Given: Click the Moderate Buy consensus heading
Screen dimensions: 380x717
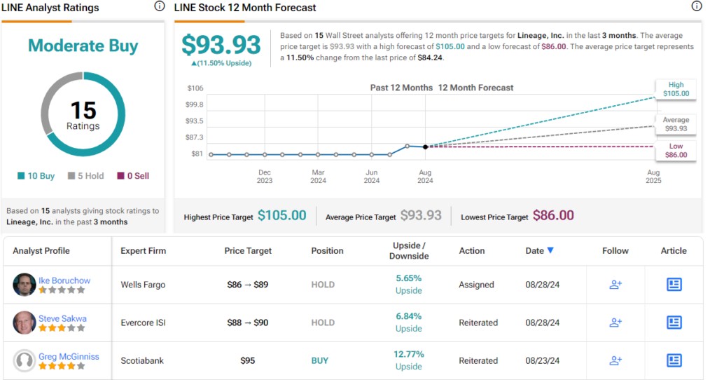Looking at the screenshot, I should pos(83,46).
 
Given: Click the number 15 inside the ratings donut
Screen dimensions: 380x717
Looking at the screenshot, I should pos(83,110).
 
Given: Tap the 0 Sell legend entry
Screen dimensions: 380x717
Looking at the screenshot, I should pos(133,176).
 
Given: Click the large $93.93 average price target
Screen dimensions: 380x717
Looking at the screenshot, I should pos(221,45).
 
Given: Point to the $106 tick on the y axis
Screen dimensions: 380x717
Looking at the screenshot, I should pos(195,88).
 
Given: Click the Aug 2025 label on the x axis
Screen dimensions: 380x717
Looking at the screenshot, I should pos(653,177).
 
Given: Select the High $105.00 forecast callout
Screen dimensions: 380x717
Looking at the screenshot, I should pos(676,89).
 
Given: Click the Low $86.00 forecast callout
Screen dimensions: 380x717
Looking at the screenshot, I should pos(676,151).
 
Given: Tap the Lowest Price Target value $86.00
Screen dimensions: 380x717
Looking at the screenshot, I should pos(553,216).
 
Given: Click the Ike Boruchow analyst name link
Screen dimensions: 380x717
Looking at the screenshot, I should pos(64,280).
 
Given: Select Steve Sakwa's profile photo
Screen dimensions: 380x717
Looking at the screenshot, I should pos(25,323).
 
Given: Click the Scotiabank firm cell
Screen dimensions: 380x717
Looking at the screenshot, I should pos(143,360).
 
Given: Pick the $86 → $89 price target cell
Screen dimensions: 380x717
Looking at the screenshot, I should pos(248,285).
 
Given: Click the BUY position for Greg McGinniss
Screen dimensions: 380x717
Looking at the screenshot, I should pos(319,360).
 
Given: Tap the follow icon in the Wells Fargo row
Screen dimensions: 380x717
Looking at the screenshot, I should pos(615,285).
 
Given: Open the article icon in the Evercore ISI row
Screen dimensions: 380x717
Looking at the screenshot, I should pos(674,323).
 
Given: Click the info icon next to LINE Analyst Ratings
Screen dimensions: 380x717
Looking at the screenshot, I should pos(159,7).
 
